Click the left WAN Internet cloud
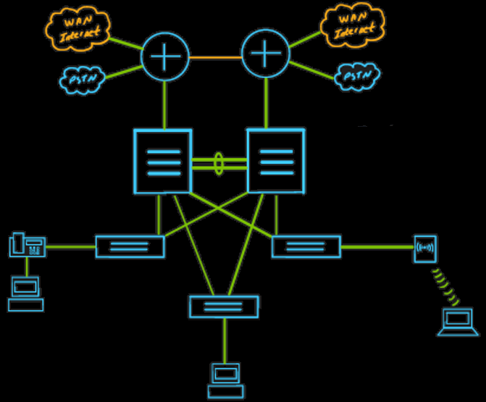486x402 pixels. [77, 28]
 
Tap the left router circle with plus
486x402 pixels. [165, 56]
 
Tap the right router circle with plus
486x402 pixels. [266, 54]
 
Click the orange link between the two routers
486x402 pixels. [215, 56]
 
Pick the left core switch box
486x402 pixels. [163, 161]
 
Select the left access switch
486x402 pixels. [130, 247]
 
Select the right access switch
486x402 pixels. [306, 246]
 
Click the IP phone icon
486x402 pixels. [28, 245]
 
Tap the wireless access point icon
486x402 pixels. [424, 248]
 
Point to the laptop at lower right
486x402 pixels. [457, 322]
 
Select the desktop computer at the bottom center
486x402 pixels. [225, 380]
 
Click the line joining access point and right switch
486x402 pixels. [377, 247]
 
